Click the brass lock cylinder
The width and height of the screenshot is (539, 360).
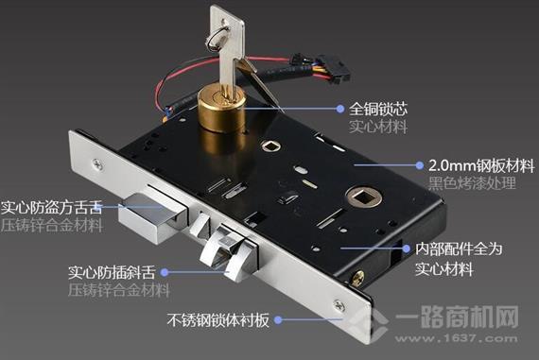click(221, 110)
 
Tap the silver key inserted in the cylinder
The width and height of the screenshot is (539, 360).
click(229, 52)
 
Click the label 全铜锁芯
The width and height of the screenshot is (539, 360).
click(378, 109)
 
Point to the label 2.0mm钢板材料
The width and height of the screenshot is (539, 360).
click(481, 166)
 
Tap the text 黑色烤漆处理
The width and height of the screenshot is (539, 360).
click(472, 182)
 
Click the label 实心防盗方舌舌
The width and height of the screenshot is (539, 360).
click(52, 208)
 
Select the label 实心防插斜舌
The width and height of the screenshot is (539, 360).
click(112, 272)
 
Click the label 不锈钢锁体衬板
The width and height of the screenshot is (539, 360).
click(217, 319)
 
